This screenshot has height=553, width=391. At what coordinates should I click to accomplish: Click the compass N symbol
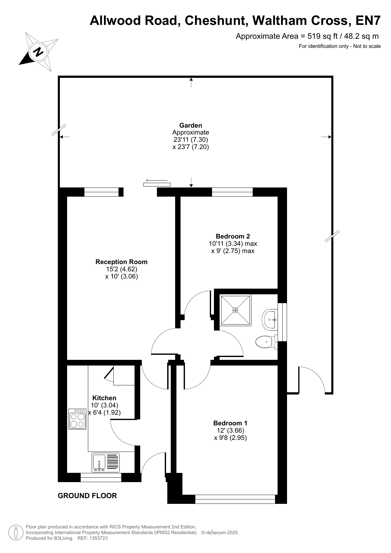38,51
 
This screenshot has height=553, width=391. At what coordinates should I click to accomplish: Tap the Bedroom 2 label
233,236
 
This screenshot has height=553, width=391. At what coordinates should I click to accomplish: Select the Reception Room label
121,262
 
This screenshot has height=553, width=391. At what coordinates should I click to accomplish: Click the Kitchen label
104,398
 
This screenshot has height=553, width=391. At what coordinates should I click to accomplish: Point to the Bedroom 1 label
230,423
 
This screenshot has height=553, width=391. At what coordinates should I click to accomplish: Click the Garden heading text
191,125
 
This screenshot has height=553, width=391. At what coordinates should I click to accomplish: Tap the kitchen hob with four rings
77,419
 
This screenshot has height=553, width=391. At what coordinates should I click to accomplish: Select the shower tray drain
235,310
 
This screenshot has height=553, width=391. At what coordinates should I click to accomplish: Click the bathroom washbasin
269,320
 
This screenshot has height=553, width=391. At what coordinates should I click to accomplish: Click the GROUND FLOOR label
87,496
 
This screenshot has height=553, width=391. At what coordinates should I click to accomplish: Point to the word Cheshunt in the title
215,20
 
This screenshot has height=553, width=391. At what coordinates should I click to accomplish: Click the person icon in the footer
16,533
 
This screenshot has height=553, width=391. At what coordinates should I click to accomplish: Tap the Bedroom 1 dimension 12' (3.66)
230,430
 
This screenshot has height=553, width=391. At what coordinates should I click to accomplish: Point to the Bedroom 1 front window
235,499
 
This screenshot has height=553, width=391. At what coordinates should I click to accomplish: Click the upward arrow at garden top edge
191,83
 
